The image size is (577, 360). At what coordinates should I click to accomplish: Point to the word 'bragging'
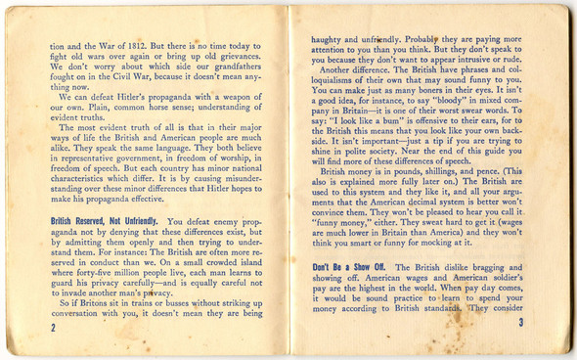(516, 267)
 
